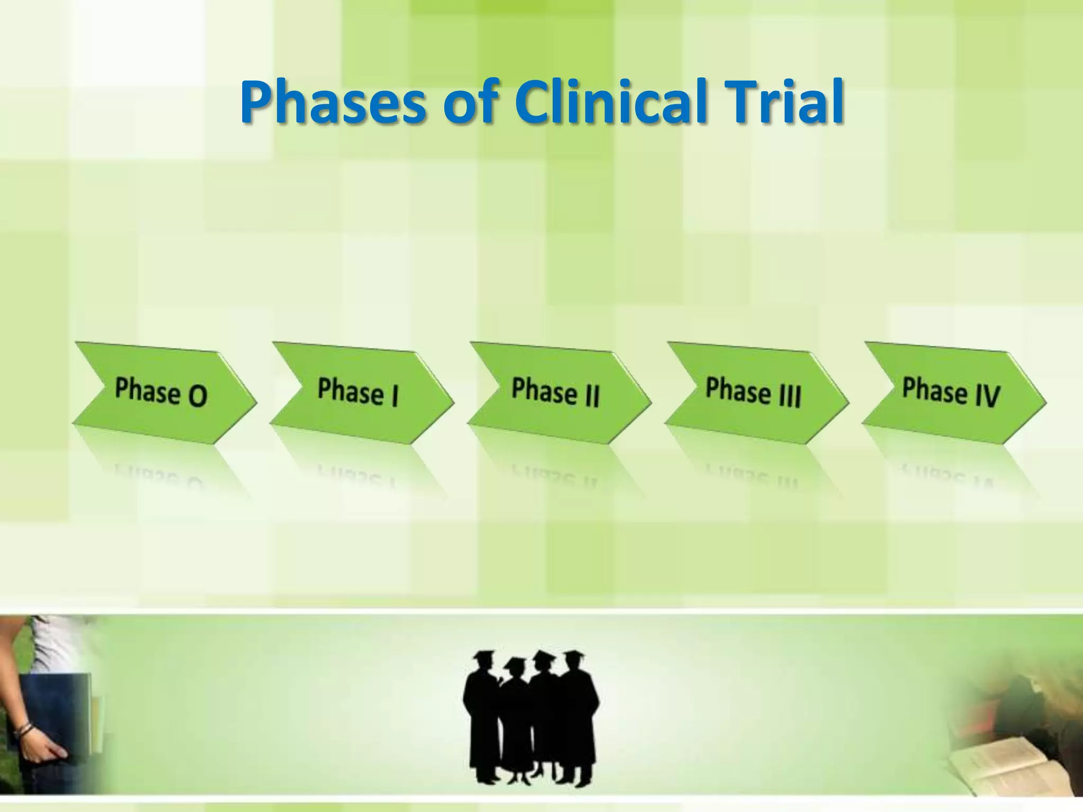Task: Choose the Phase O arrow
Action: pos(164,392)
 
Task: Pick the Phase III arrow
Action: pos(756,392)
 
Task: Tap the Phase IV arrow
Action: pos(953,392)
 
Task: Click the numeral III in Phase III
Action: pos(790,394)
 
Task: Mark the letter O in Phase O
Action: pos(197,395)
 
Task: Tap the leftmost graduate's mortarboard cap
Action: pos(482,657)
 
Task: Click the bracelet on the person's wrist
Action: pos(24,731)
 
